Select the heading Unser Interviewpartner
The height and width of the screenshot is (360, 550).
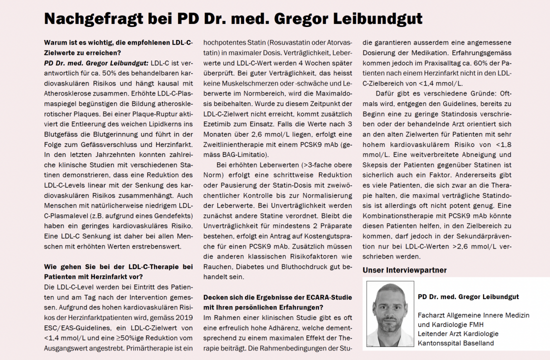point(404,270)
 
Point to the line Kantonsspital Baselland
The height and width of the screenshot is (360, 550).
point(455,343)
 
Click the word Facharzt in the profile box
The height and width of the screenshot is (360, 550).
point(431,315)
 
